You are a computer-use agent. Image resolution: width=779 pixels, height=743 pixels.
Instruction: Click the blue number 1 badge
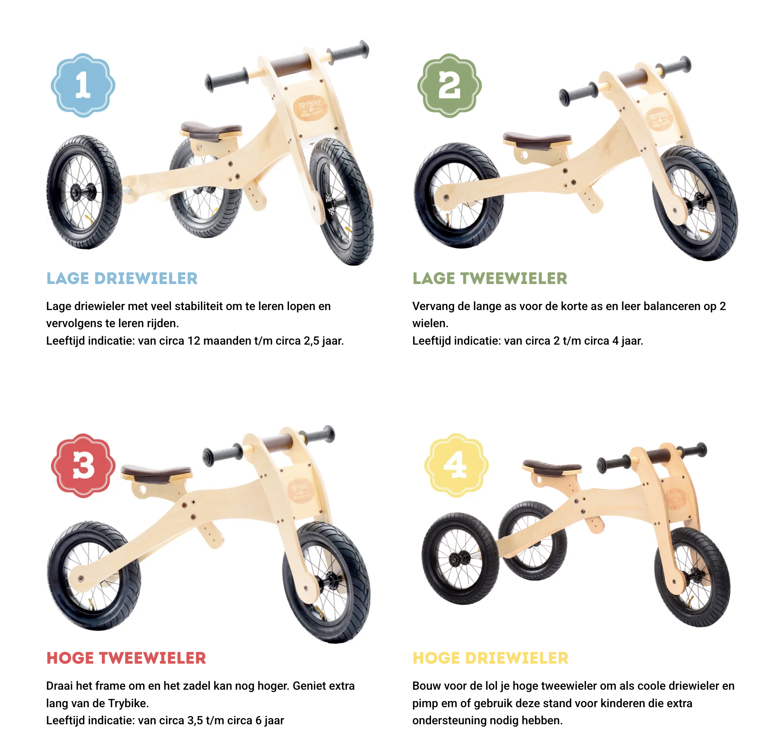pyautogui.click(x=83, y=85)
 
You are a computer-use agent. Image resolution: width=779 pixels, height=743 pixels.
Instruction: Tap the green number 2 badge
pyautogui.click(x=449, y=85)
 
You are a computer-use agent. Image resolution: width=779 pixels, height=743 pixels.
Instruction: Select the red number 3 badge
pyautogui.click(x=83, y=465)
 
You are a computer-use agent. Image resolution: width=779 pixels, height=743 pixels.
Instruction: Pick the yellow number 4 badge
pyautogui.click(x=456, y=465)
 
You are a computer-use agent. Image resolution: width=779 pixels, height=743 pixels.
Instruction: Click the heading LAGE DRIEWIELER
pyautogui.click(x=122, y=278)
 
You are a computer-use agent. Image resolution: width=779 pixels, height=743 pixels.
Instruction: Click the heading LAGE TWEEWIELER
pyautogui.click(x=490, y=278)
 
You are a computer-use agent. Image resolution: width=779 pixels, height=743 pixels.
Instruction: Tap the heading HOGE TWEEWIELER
pyautogui.click(x=126, y=658)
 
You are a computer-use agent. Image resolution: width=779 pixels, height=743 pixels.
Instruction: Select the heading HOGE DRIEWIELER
pyautogui.click(x=490, y=658)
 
